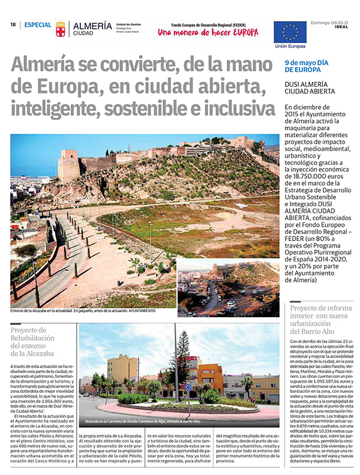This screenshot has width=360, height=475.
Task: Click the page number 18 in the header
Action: pos(13,25)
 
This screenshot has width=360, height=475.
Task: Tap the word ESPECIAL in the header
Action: pos(37,25)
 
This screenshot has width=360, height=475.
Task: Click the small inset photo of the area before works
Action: pos(228,288)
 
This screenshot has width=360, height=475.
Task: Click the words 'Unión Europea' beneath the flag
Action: pos(290,46)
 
